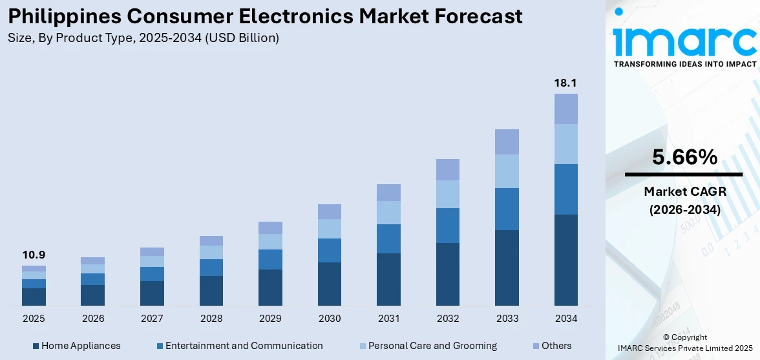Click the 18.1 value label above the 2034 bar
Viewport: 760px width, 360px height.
(x=565, y=83)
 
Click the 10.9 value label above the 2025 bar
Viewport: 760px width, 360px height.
(x=34, y=255)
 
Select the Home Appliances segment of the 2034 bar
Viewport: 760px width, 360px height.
(x=566, y=260)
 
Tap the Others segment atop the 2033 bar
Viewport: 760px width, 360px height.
(x=507, y=142)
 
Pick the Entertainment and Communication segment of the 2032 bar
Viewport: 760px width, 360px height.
(x=447, y=226)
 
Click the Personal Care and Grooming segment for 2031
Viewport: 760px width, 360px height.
(x=388, y=213)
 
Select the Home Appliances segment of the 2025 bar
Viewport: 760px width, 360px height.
(x=34, y=297)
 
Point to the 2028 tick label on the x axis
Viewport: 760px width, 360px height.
(x=211, y=319)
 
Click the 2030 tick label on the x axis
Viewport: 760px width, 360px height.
(x=330, y=319)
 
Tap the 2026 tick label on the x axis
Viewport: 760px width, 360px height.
(x=93, y=319)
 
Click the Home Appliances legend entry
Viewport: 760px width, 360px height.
(x=76, y=346)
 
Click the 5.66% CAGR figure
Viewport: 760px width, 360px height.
(x=684, y=157)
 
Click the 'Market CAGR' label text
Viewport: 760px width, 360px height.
(x=684, y=191)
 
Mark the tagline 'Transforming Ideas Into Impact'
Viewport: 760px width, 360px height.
(x=684, y=64)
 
